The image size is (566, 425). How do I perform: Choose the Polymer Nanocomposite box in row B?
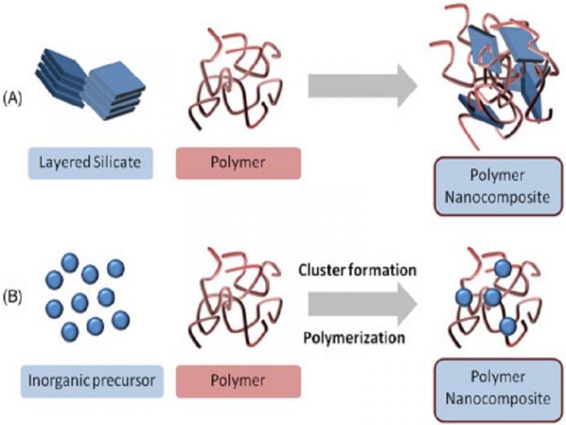click(491, 390)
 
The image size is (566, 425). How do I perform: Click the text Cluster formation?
click(358, 270)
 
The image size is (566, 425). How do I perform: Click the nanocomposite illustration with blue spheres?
click(489, 299)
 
